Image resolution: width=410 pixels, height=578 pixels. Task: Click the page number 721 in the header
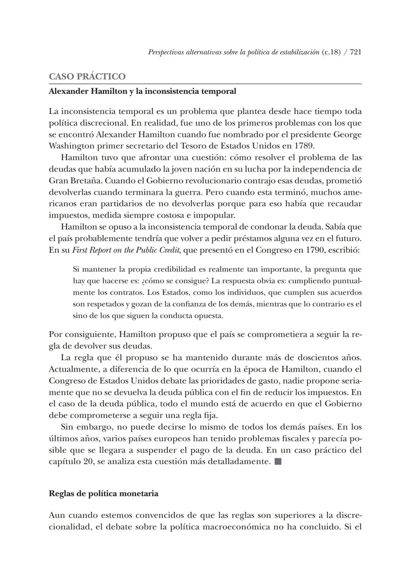pyautogui.click(x=355, y=52)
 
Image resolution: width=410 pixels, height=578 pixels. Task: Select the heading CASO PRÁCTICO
pyautogui.click(x=87, y=76)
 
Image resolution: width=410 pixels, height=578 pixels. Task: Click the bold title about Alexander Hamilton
pyautogui.click(x=142, y=91)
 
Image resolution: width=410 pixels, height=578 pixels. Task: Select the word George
pyautogui.click(x=347, y=135)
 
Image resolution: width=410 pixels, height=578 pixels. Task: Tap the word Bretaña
pyautogui.click(x=86, y=181)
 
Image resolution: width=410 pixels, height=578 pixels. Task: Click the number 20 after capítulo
pyautogui.click(x=88, y=462)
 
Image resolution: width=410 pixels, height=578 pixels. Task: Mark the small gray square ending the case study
pyautogui.click(x=278, y=462)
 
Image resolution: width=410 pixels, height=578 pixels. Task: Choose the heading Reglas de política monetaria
pyautogui.click(x=103, y=494)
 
